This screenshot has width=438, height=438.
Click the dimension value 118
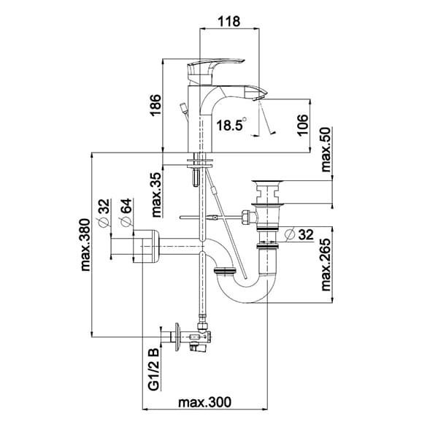coord(230,21)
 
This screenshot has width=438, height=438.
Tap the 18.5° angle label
coord(228,125)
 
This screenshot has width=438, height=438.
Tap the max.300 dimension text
coord(205,402)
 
